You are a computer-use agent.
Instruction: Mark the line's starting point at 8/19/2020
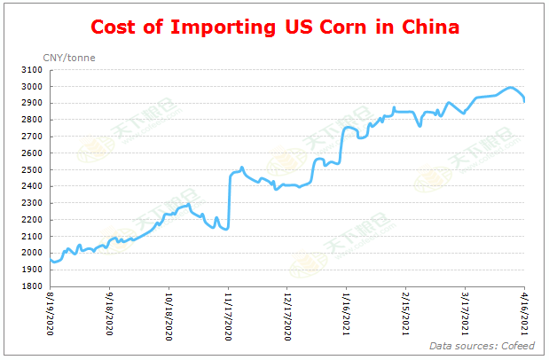click(x=51, y=260)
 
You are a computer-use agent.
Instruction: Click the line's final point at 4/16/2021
click(x=524, y=102)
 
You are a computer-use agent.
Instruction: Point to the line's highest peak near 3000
click(x=510, y=88)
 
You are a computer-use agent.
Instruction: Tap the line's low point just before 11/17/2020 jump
click(x=227, y=229)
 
